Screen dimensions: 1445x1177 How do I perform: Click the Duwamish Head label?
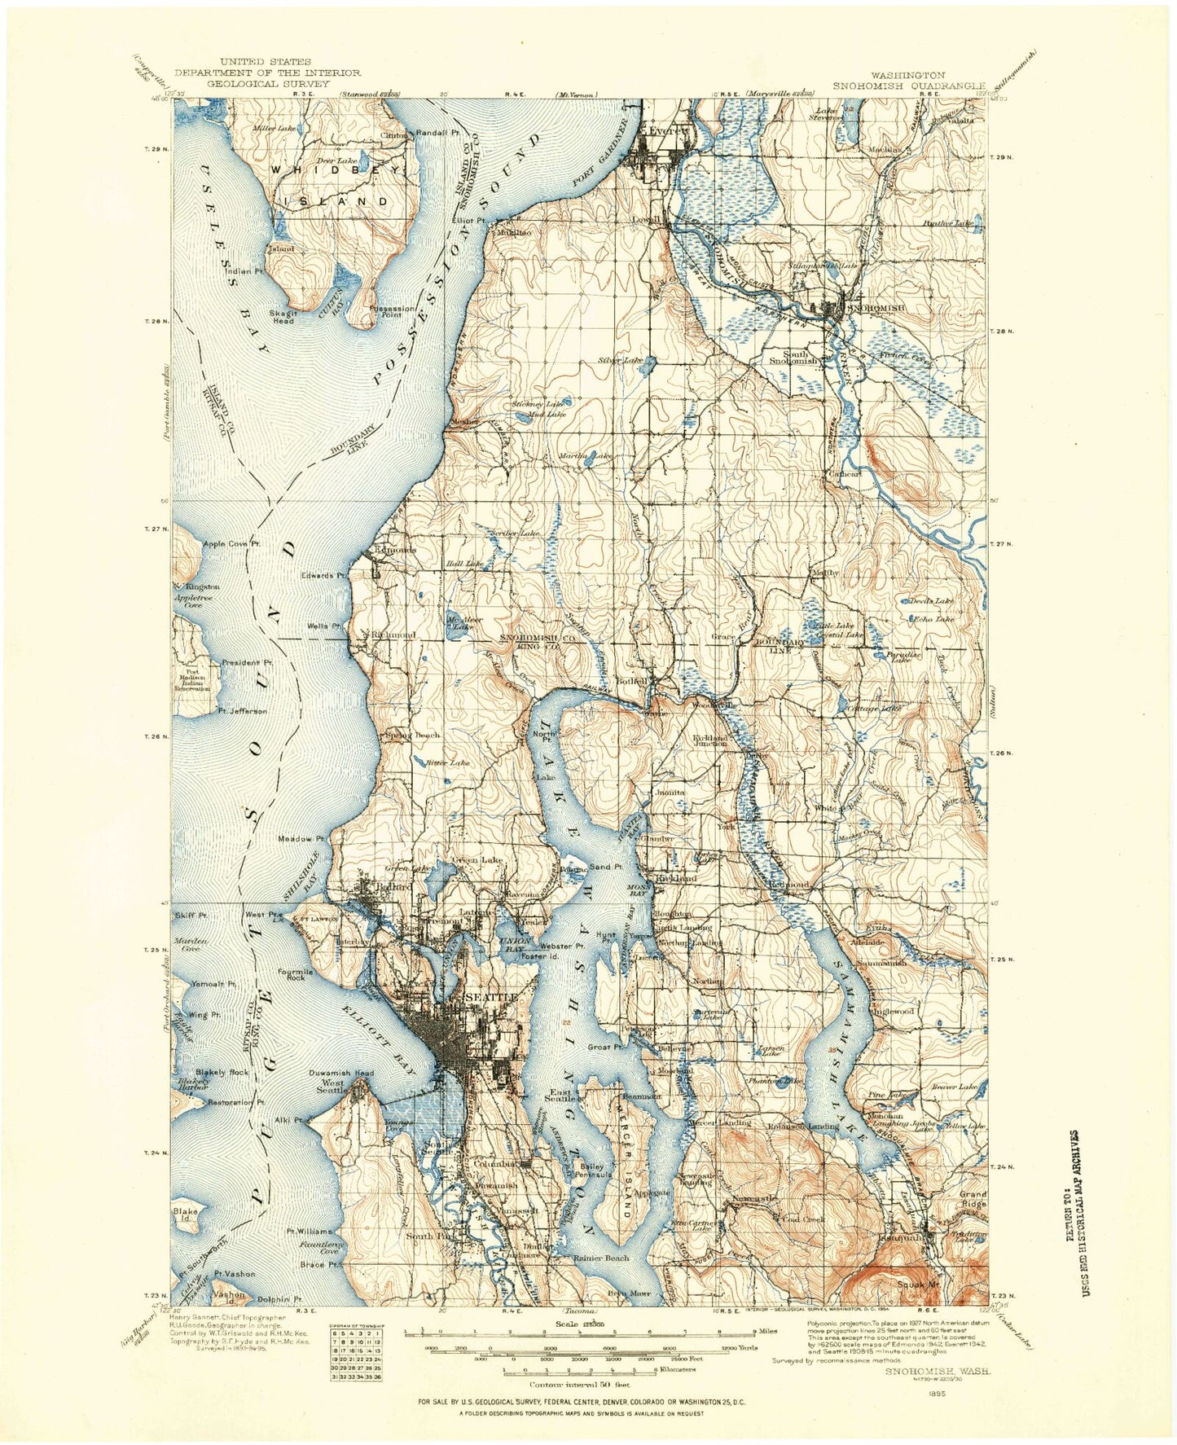tap(341, 1073)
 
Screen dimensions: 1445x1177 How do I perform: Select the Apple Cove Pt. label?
tap(231, 543)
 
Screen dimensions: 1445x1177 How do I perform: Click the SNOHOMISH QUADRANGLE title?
tap(908, 85)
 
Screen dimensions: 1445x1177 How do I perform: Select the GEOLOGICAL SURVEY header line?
tap(268, 83)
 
